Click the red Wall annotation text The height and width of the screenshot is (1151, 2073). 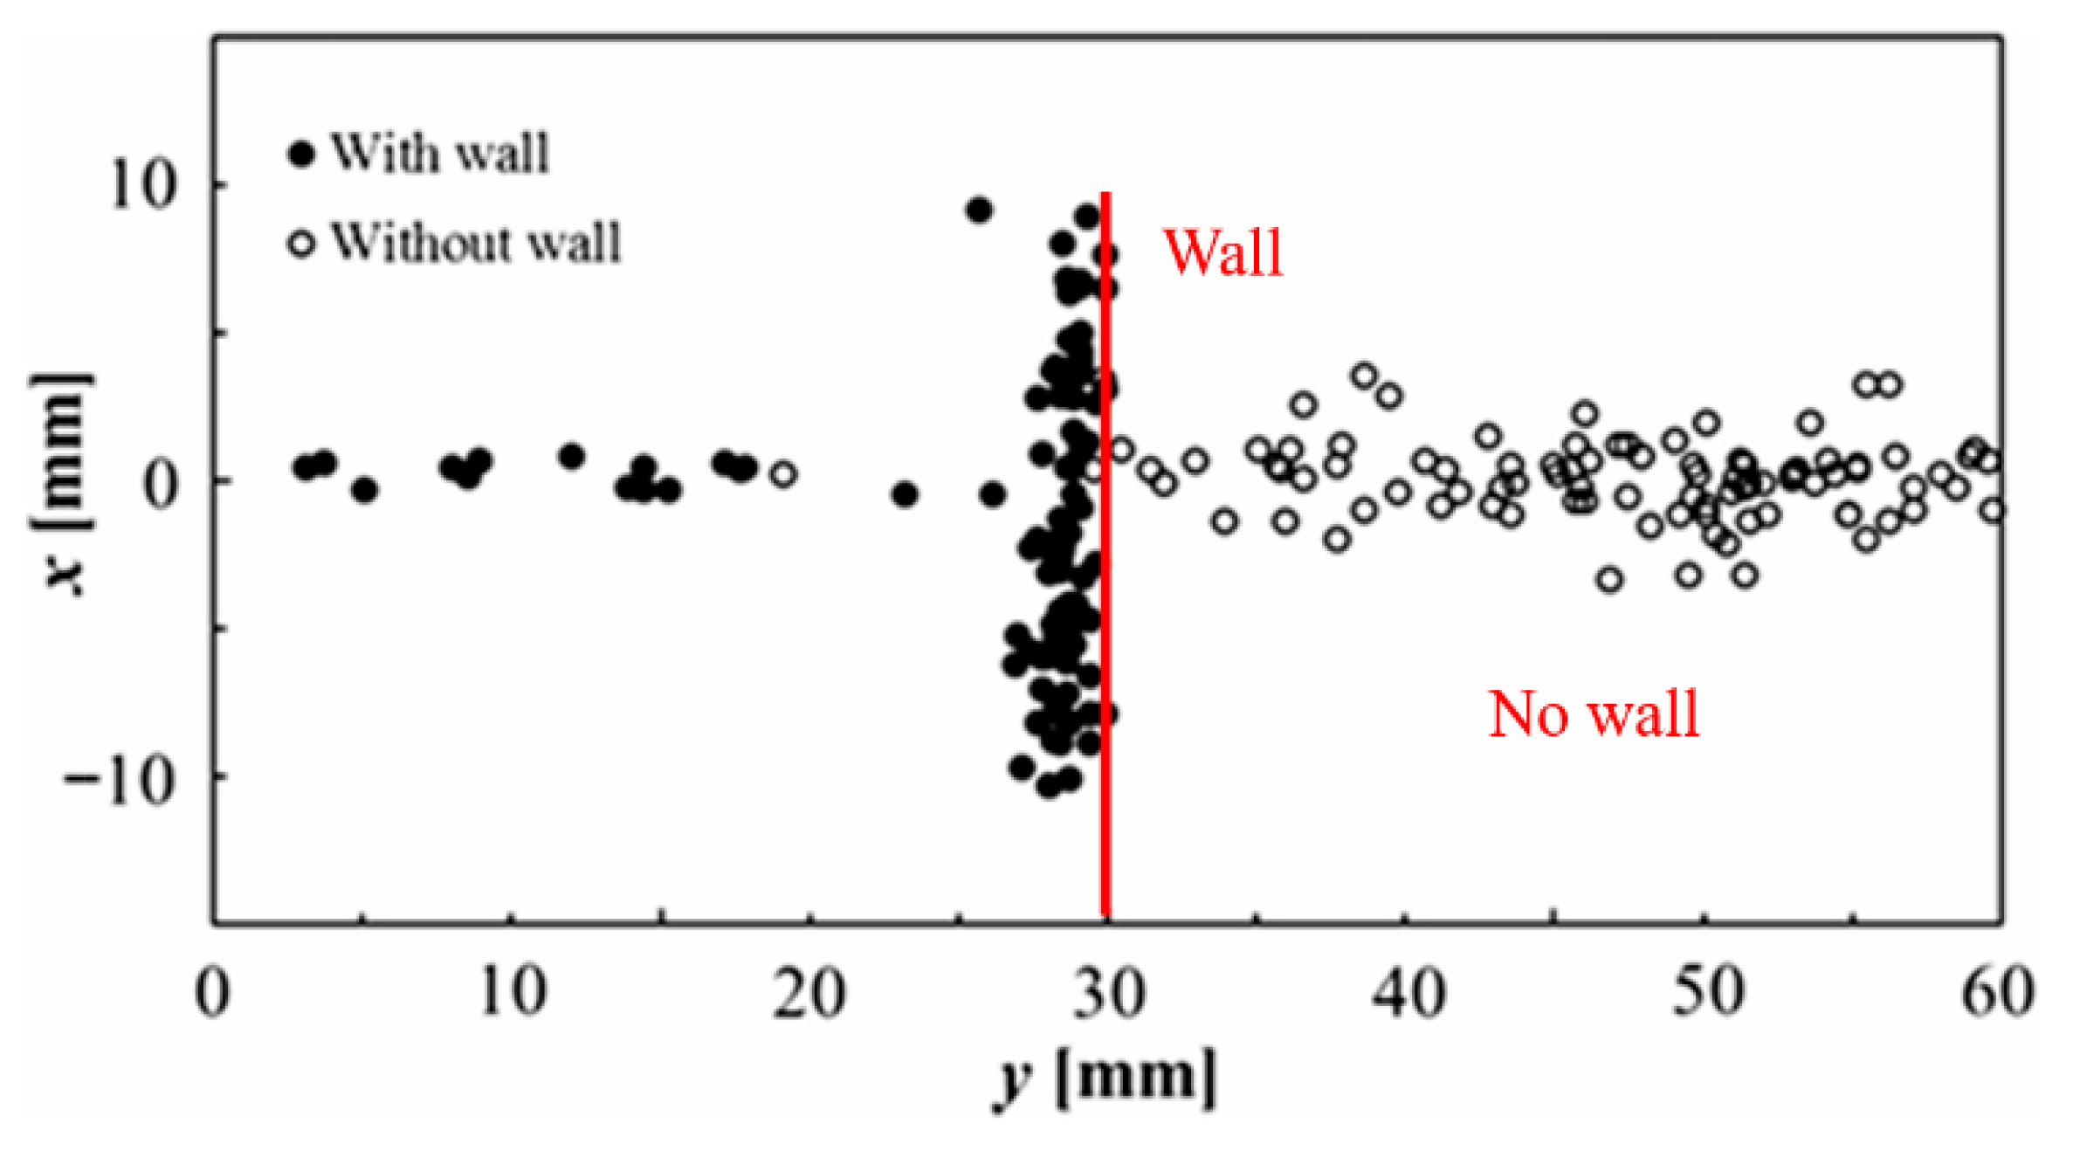tap(1222, 253)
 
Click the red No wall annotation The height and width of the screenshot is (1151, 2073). tap(1594, 714)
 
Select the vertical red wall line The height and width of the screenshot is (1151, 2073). tap(1105, 559)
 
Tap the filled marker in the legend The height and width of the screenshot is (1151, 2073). tap(301, 155)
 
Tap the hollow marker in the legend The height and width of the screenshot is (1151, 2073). tap(301, 244)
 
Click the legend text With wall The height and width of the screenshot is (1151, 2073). tap(440, 155)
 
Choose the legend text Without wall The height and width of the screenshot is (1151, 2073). tap(476, 243)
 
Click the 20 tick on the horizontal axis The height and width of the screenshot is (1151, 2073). tap(809, 994)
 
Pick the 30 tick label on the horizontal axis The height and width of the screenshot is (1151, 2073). tap(1108, 994)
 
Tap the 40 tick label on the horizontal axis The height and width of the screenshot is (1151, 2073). tap(1408, 994)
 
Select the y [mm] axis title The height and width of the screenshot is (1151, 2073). tap(1105, 1076)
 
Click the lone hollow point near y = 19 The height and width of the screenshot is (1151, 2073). tap(783, 475)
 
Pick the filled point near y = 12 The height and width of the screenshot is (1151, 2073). tap(572, 457)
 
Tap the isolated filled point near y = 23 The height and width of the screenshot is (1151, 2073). tap(906, 495)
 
